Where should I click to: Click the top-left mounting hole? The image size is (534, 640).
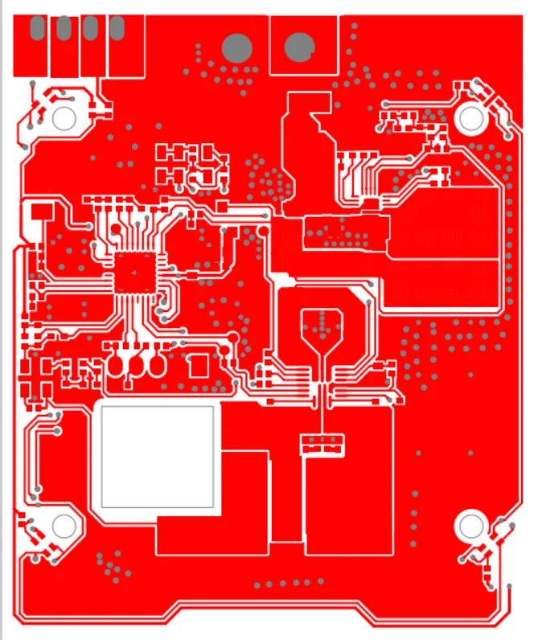pos(64,119)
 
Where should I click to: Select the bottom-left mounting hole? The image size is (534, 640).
pos(64,526)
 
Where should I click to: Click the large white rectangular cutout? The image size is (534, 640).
pos(157,456)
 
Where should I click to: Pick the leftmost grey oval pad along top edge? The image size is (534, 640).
pos(37,28)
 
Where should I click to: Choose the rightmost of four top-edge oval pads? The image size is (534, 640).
pos(117,28)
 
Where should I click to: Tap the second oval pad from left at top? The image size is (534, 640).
pos(64,28)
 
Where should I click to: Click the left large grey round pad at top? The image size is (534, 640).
pos(236,47)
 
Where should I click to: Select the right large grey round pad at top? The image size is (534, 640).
pos(299,46)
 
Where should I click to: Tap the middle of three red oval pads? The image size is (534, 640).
pos(136,365)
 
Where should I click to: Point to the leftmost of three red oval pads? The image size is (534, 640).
pos(117,365)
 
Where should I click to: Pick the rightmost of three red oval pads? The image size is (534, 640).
pos(156,365)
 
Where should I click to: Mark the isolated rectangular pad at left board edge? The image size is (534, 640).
pos(40,211)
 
